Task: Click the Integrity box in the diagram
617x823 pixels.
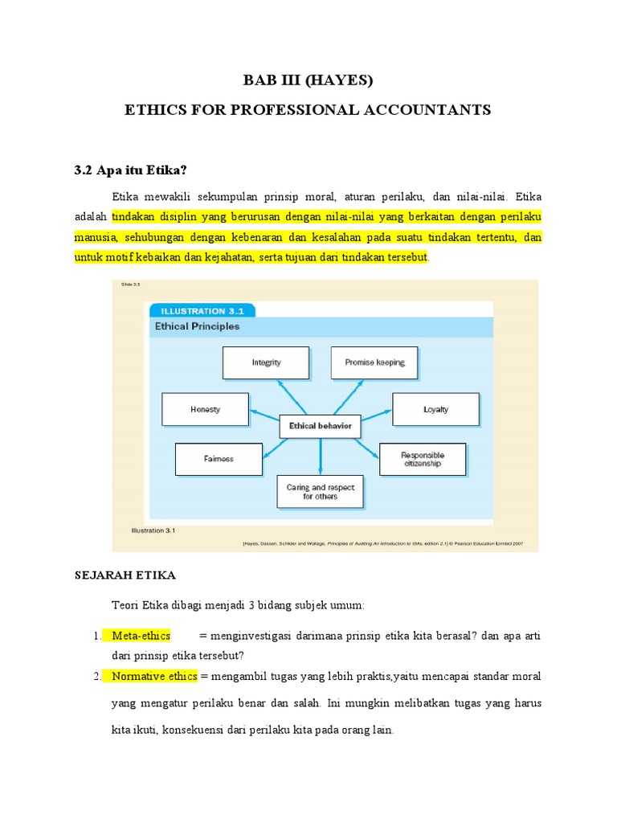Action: [x=266, y=362]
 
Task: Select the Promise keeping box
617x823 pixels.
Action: [x=374, y=362]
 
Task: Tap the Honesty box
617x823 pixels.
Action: [x=205, y=409]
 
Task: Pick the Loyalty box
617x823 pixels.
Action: [x=435, y=409]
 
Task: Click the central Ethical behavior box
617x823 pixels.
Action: [x=320, y=426]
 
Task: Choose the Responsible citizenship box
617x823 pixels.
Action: [x=422, y=459]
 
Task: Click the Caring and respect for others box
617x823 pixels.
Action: [x=320, y=491]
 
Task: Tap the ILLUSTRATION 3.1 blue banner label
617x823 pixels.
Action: [x=197, y=311]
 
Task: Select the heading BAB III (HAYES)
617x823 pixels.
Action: [x=308, y=80]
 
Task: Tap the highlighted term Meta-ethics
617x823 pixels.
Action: [x=141, y=636]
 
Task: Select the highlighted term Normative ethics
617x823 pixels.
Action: [x=154, y=676]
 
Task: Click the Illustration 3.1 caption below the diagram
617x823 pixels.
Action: [x=153, y=530]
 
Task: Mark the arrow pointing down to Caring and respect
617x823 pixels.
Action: [x=320, y=457]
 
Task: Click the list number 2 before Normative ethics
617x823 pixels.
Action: [x=97, y=676]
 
